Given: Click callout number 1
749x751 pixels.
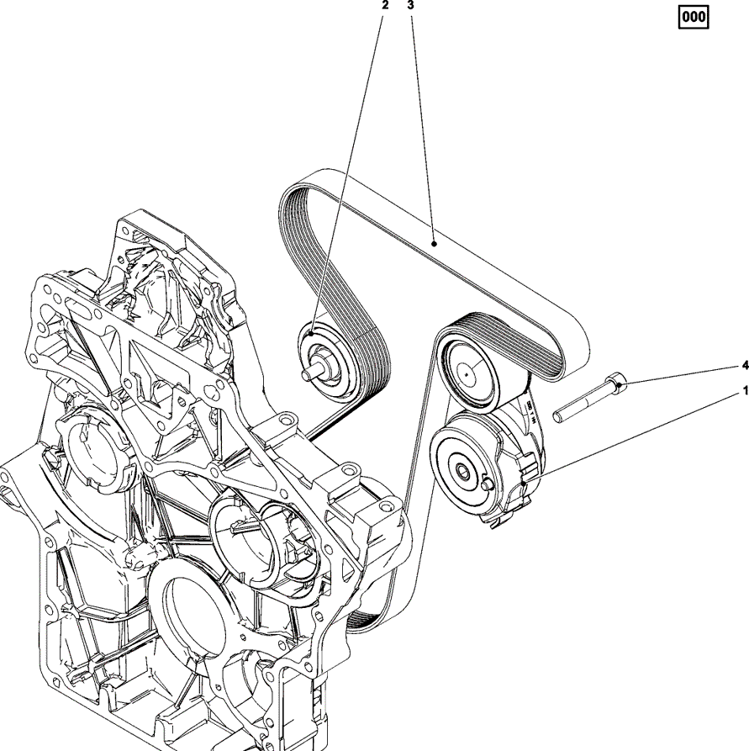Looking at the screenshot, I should (x=743, y=391).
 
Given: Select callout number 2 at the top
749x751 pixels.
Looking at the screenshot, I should (x=386, y=5).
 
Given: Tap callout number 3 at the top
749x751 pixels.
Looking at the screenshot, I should (x=410, y=5).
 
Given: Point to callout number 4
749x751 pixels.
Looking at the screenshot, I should (x=743, y=366).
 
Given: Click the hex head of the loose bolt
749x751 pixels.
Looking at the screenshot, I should (x=617, y=386).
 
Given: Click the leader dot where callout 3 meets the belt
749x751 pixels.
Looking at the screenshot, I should (x=432, y=242).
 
